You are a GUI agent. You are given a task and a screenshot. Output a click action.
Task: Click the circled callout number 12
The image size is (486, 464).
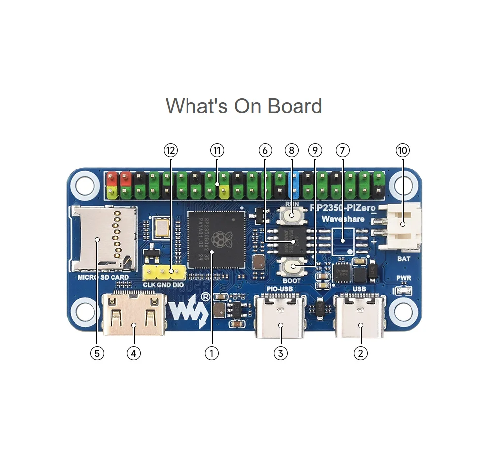point(171,150)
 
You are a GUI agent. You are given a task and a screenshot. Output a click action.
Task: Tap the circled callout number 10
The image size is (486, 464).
point(403,150)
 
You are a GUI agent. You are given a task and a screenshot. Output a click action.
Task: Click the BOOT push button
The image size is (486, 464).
point(293,267)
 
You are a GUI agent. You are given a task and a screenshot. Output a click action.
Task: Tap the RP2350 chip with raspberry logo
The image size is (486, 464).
point(217,240)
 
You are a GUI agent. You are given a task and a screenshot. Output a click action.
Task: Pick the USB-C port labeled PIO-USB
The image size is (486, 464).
point(280,316)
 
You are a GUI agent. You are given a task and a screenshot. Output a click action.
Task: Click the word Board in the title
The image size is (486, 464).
point(295,106)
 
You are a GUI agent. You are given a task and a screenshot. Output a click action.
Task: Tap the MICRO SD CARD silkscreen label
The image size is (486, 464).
point(103,277)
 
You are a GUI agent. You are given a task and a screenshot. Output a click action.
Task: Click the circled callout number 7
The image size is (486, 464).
point(342,150)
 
